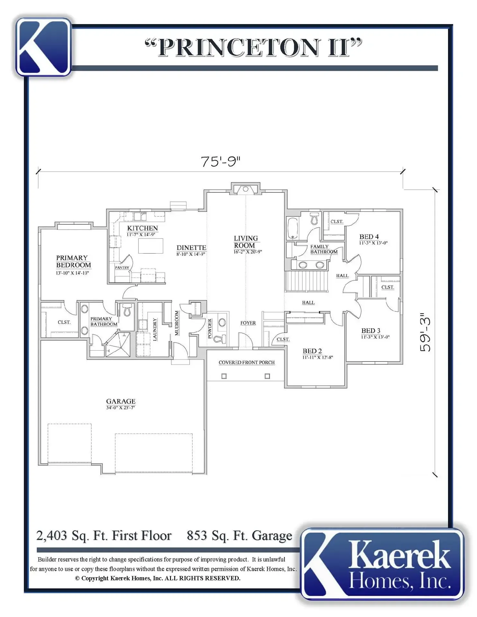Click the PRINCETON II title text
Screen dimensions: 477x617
253,48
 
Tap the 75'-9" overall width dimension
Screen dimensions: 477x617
221,161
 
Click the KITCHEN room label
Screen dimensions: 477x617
142,228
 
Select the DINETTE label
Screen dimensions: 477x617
191,248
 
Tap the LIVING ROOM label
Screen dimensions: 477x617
246,242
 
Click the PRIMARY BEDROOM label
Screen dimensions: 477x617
73,262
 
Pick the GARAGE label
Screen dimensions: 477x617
121,401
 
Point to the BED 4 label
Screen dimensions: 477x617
369,237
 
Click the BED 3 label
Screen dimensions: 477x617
371,331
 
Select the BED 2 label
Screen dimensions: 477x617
312,351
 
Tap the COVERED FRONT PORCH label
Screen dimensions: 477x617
247,362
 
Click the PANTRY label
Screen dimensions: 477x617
122,267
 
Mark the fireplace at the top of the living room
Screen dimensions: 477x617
246,189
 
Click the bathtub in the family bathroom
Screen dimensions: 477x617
292,228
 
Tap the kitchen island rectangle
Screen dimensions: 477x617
151,246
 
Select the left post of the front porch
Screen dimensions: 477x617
224,376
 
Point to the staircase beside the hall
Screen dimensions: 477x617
306,281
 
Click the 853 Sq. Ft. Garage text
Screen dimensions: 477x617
239,536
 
